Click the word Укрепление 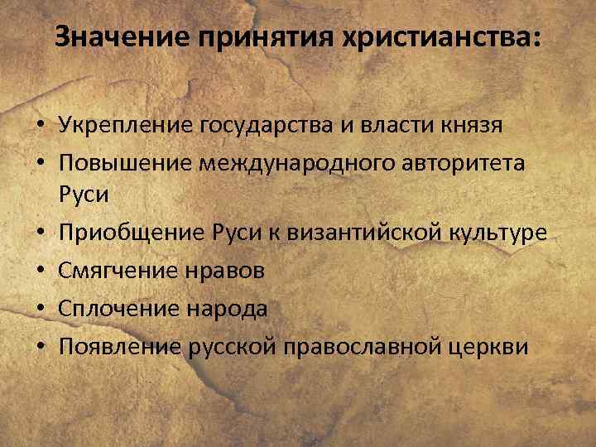[x=124, y=126]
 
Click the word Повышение [x=124, y=162]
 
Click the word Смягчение [x=120, y=271]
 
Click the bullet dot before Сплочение [x=40, y=309]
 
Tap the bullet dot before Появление [x=40, y=345]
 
